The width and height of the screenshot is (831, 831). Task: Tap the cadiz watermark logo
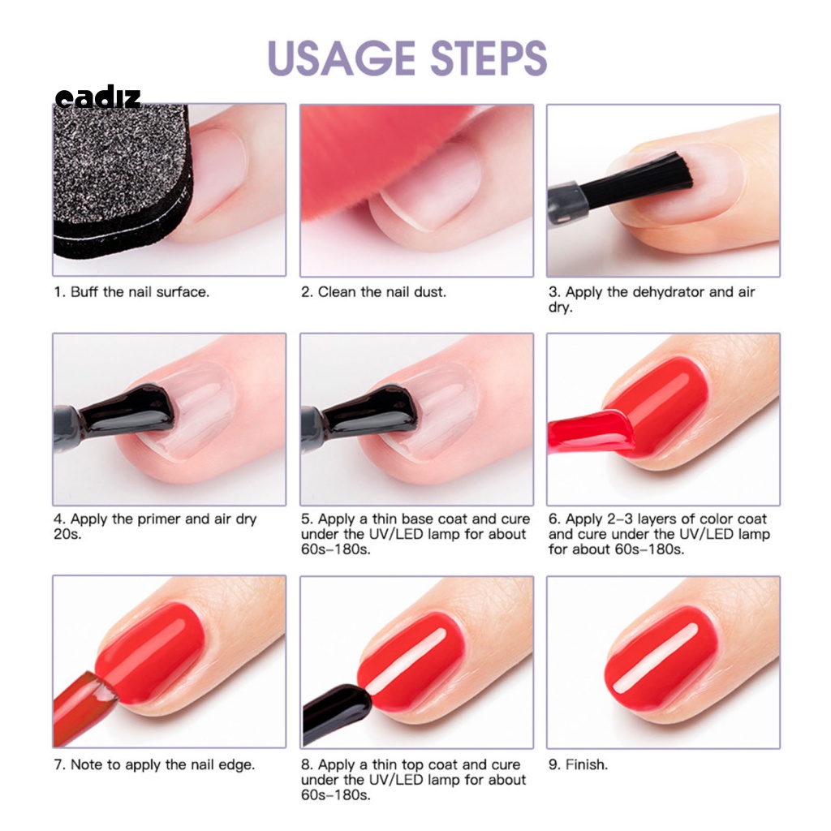(98, 98)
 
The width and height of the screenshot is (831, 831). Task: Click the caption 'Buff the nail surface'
(140, 292)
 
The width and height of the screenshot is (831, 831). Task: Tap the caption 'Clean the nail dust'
(381, 292)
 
